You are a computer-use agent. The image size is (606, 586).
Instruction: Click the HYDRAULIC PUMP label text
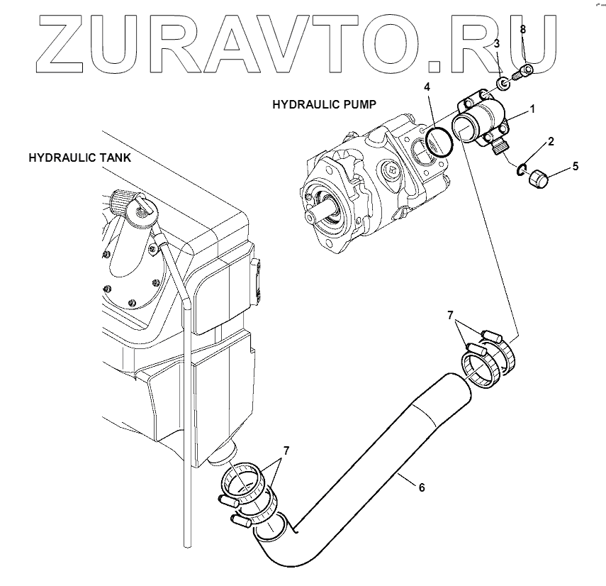pos(324,104)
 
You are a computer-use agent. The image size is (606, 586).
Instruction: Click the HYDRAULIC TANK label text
pos(79,157)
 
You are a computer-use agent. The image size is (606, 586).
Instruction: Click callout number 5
pos(575,166)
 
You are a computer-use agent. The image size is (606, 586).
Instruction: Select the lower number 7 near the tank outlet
pos(286,450)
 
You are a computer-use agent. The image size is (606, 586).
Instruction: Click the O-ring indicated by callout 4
pos(440,140)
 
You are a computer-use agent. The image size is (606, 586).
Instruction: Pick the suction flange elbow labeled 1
pos(483,121)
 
